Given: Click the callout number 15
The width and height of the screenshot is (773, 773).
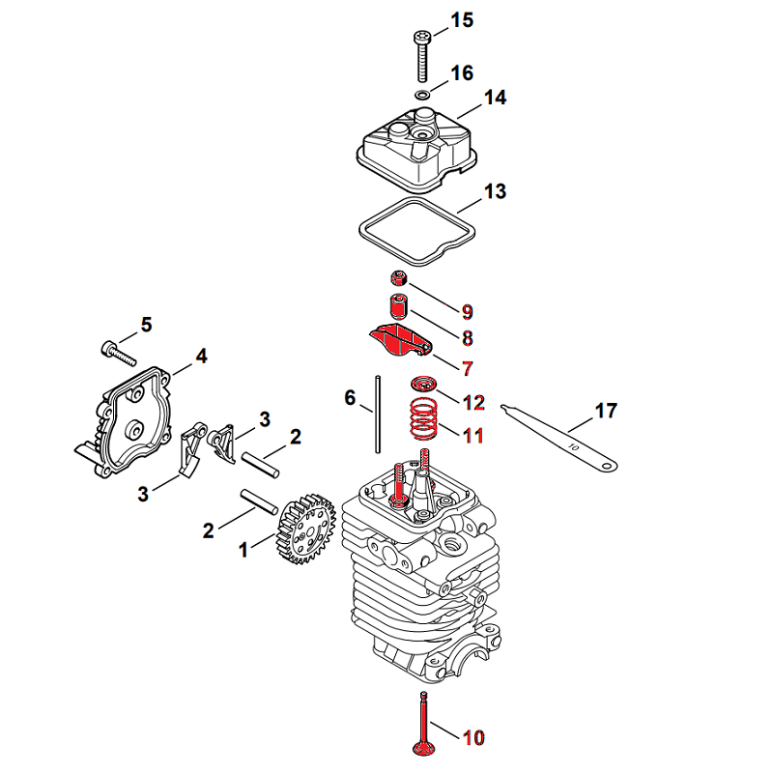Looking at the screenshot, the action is (x=462, y=20).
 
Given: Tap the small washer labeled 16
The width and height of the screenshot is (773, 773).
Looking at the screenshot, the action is (x=422, y=94).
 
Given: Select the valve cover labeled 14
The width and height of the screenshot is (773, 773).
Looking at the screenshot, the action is (x=416, y=150).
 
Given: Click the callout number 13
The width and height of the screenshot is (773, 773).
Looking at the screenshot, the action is (x=495, y=191).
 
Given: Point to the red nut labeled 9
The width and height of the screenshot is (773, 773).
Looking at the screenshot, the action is (x=399, y=278).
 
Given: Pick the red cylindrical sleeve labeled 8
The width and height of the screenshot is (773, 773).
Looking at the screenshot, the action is (x=398, y=306).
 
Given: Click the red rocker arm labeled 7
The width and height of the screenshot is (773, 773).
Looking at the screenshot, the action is (x=400, y=340).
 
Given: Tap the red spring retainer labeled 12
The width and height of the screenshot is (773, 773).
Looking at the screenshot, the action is (x=422, y=384).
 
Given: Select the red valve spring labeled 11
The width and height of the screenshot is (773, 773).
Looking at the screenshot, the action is (x=423, y=418).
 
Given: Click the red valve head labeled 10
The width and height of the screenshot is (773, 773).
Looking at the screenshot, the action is (x=423, y=747).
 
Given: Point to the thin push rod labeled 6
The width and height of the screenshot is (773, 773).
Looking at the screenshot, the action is (x=378, y=415).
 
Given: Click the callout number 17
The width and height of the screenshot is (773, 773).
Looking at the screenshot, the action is (x=606, y=411).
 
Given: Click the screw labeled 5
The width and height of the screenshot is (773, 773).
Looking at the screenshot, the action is (x=118, y=353).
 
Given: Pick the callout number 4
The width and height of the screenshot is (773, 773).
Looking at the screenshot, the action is (x=201, y=356).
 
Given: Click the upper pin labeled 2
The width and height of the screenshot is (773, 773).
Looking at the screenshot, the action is (x=260, y=466).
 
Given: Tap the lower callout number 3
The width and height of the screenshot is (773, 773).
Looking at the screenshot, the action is (x=143, y=494).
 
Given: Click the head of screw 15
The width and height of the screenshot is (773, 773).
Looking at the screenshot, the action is (x=422, y=37).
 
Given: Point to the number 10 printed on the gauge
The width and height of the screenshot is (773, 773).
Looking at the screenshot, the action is (x=573, y=446).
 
